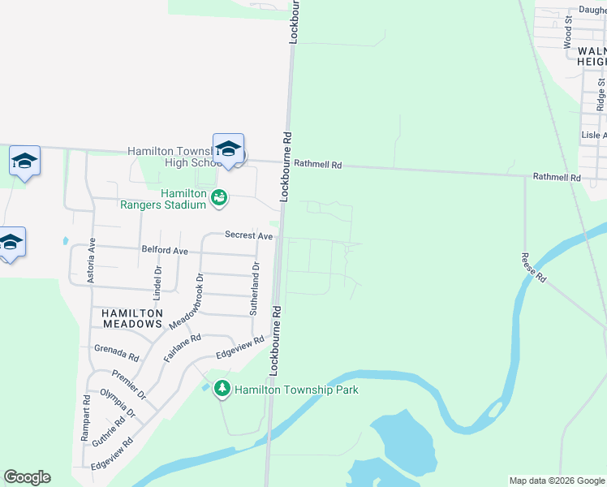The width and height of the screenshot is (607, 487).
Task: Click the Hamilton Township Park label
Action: pos(296,390)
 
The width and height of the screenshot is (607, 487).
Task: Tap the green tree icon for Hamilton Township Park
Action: pos(222,390)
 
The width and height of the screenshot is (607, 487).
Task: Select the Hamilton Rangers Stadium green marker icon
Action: pos(218,197)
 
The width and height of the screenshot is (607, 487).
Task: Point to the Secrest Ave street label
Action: pos(248,235)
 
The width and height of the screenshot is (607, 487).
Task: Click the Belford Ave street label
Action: pos(164,252)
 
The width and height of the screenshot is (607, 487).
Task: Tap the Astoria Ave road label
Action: pos(93,254)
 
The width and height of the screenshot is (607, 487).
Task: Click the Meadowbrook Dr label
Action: pos(186,300)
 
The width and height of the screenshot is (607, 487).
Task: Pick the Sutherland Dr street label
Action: pos(255,289)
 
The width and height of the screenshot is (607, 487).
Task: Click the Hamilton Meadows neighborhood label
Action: pos(133,318)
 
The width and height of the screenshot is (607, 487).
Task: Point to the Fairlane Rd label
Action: pos(182,348)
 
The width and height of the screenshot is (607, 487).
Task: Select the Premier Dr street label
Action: pos(129,384)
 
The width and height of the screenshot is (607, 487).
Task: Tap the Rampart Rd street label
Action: pos(85,418)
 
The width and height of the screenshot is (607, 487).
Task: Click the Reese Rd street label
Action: pos(535,267)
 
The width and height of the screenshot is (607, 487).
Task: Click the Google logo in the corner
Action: pos(27,477)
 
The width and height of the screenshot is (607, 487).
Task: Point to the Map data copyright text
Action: pos(557,481)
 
